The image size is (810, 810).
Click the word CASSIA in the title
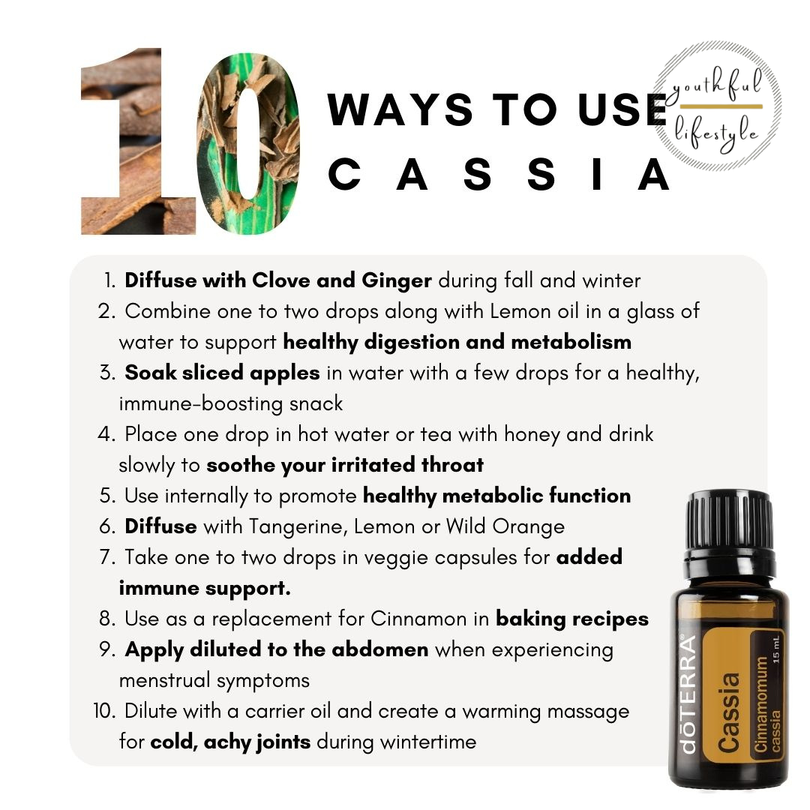499,175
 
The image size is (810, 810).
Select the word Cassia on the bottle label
729,712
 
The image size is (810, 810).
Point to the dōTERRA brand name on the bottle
688,694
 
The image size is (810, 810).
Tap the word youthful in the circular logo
717,85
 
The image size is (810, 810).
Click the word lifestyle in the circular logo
716,133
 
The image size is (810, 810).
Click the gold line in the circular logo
721,106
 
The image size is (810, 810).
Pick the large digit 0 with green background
249,144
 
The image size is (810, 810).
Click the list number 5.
107,496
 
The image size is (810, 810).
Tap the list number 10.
105,711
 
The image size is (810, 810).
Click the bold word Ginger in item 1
397,281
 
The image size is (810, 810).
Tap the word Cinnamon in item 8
418,619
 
